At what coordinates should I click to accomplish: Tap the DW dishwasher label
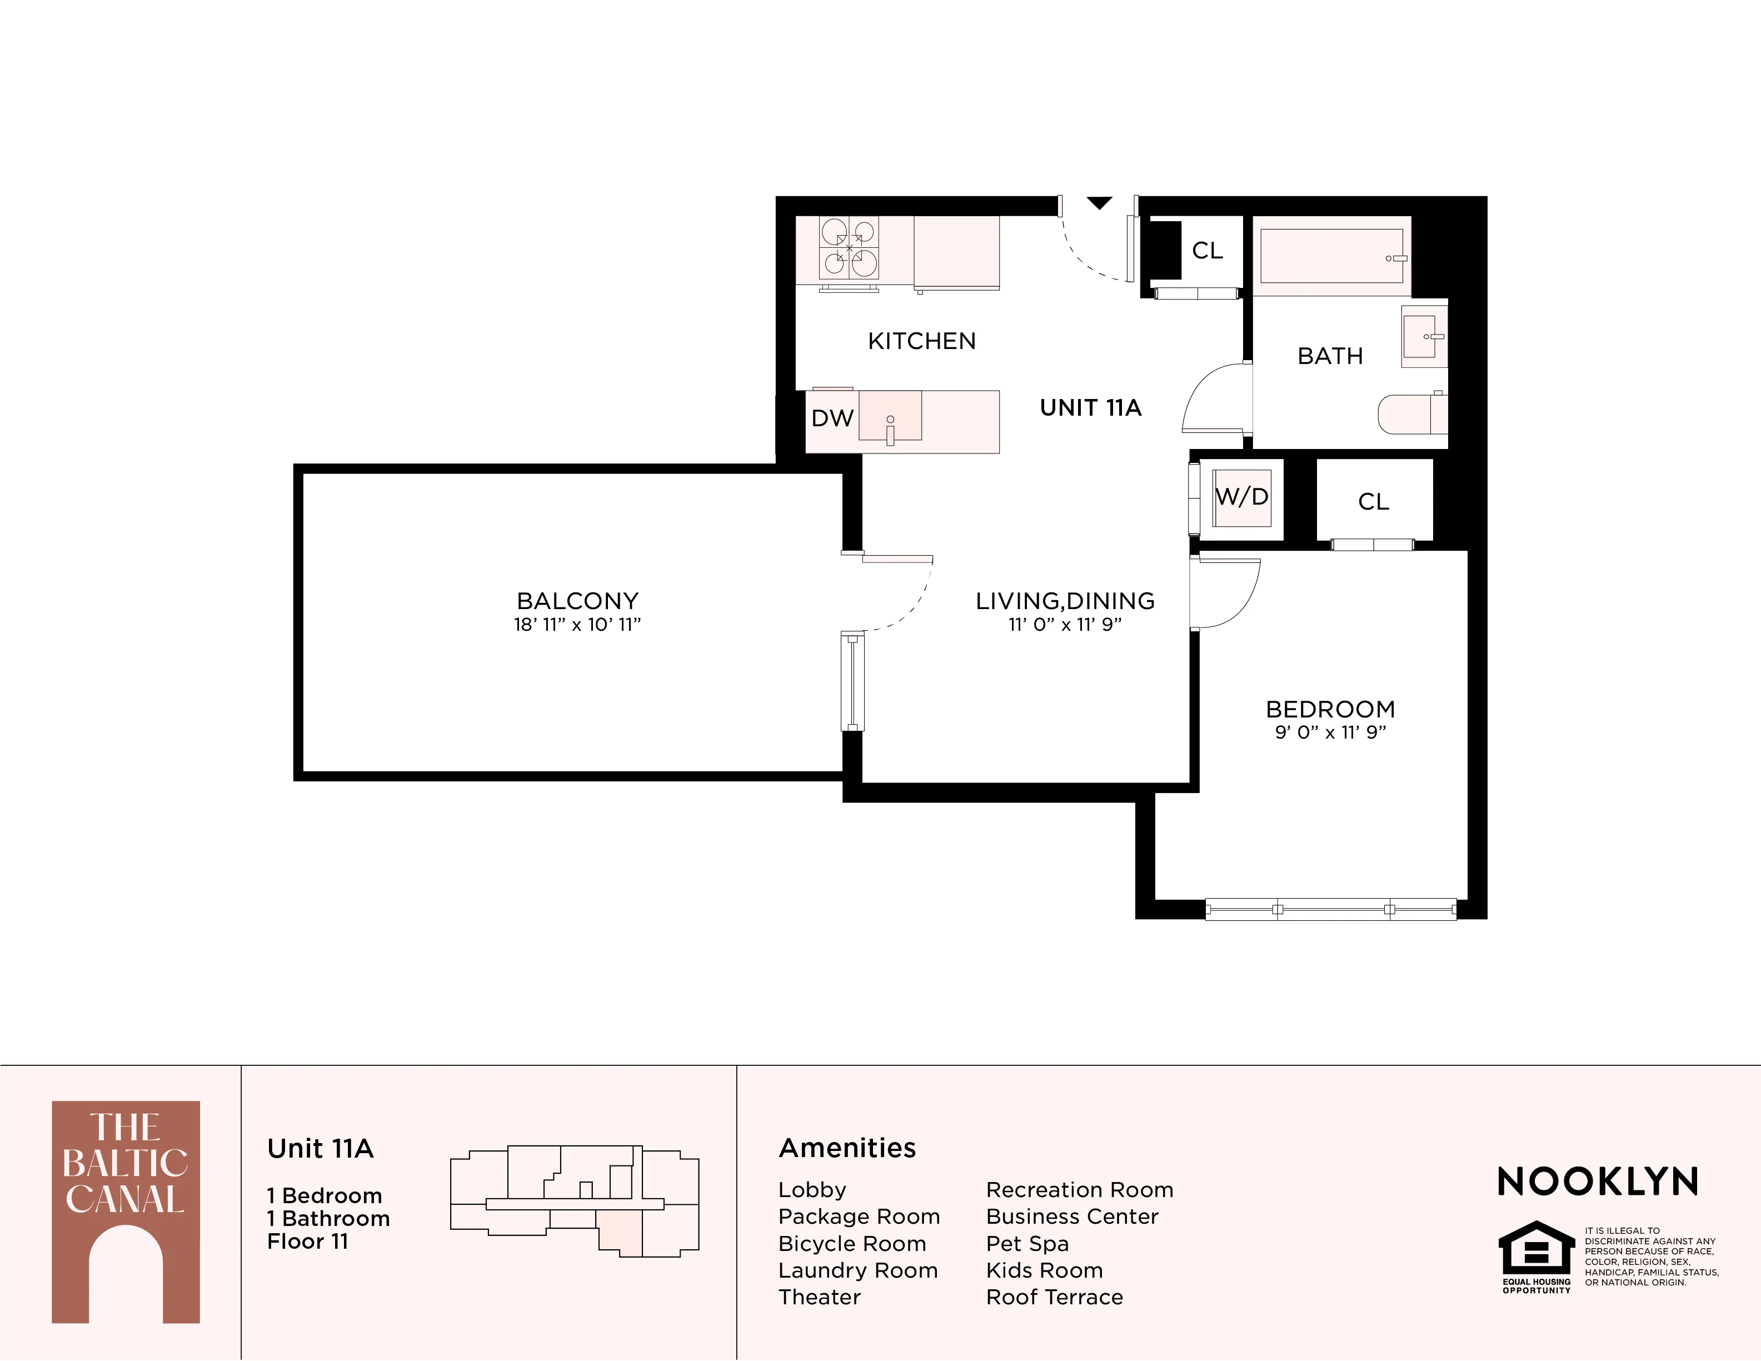point(832,418)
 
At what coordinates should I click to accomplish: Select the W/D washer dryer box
point(1242,497)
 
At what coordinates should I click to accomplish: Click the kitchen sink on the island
point(890,417)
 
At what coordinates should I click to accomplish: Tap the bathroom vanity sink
point(1423,336)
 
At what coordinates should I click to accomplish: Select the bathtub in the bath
point(1330,256)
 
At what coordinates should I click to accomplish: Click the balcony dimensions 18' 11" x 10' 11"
point(577,625)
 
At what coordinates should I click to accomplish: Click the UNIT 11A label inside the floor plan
point(1090,408)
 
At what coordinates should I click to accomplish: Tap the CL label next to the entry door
point(1207,251)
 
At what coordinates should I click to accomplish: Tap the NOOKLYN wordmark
point(1597,1182)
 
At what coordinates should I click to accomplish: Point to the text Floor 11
point(307,1242)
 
